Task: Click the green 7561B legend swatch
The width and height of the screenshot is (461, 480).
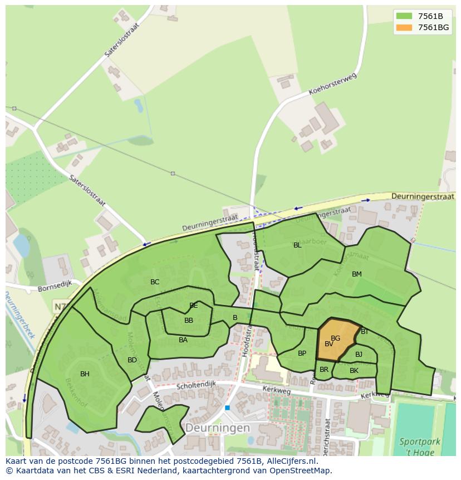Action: point(404,16)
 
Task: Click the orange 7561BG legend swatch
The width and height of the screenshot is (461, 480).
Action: point(404,27)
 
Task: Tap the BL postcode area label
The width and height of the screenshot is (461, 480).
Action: point(297,245)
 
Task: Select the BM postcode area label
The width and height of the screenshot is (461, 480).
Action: point(357,274)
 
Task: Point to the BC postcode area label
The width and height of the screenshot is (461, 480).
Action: point(155,282)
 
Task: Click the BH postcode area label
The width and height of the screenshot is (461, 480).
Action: point(85,374)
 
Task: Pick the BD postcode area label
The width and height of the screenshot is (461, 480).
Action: point(132,360)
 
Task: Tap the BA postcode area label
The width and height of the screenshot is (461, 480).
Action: point(183,340)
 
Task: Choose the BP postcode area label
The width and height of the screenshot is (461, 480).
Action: point(302,353)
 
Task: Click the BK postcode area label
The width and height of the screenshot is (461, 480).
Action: point(354,371)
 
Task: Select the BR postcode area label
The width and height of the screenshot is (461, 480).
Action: point(324,370)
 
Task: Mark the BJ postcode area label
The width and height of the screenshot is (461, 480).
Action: point(359,355)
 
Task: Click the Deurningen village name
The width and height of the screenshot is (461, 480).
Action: point(218,428)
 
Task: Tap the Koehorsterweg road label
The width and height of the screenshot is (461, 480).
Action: point(332,85)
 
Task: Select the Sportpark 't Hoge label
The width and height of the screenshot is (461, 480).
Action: point(419,447)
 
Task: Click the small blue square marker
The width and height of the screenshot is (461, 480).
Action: point(227,408)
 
